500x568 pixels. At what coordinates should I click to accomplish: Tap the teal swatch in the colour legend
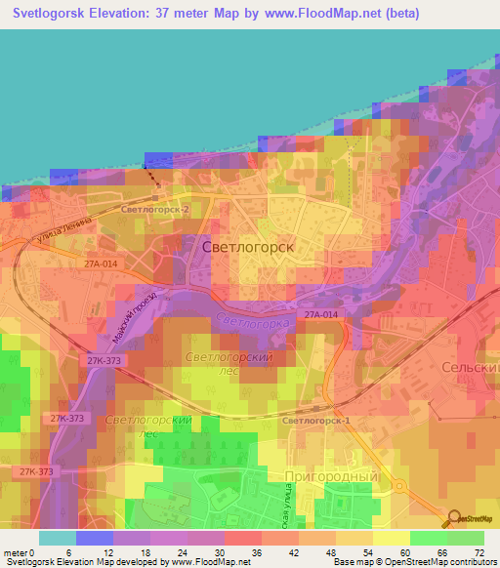[57, 537]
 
